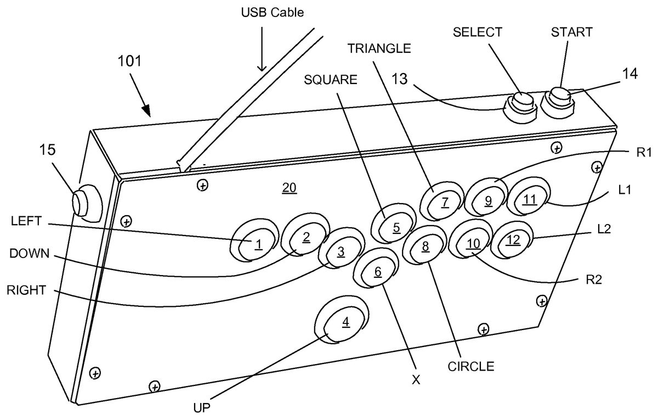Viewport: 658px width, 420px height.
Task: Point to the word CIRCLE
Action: (470, 366)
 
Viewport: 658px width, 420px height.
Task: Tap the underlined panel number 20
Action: (289, 188)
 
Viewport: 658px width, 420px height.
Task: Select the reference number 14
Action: (630, 75)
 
